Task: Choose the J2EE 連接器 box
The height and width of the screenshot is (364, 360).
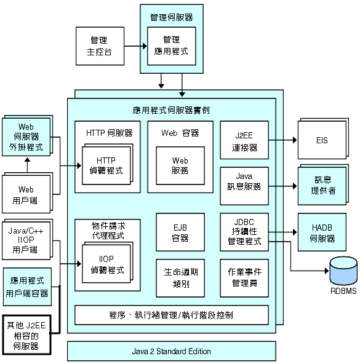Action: click(x=244, y=140)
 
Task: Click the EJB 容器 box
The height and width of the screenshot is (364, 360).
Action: click(x=180, y=232)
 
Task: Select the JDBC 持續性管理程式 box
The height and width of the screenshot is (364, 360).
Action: click(x=244, y=232)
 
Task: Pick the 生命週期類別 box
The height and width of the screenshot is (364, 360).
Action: click(x=180, y=275)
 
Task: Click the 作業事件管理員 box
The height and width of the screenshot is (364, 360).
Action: click(x=244, y=275)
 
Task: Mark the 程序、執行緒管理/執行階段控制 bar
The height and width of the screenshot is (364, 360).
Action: click(x=172, y=315)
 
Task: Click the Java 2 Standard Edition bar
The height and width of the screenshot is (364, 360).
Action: click(x=172, y=352)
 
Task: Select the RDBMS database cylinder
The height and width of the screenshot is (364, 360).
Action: click(x=343, y=271)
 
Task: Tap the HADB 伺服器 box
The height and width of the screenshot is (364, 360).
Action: click(x=321, y=232)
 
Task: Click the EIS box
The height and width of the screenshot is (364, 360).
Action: click(x=321, y=141)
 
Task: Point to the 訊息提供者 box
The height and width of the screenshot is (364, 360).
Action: click(x=321, y=185)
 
